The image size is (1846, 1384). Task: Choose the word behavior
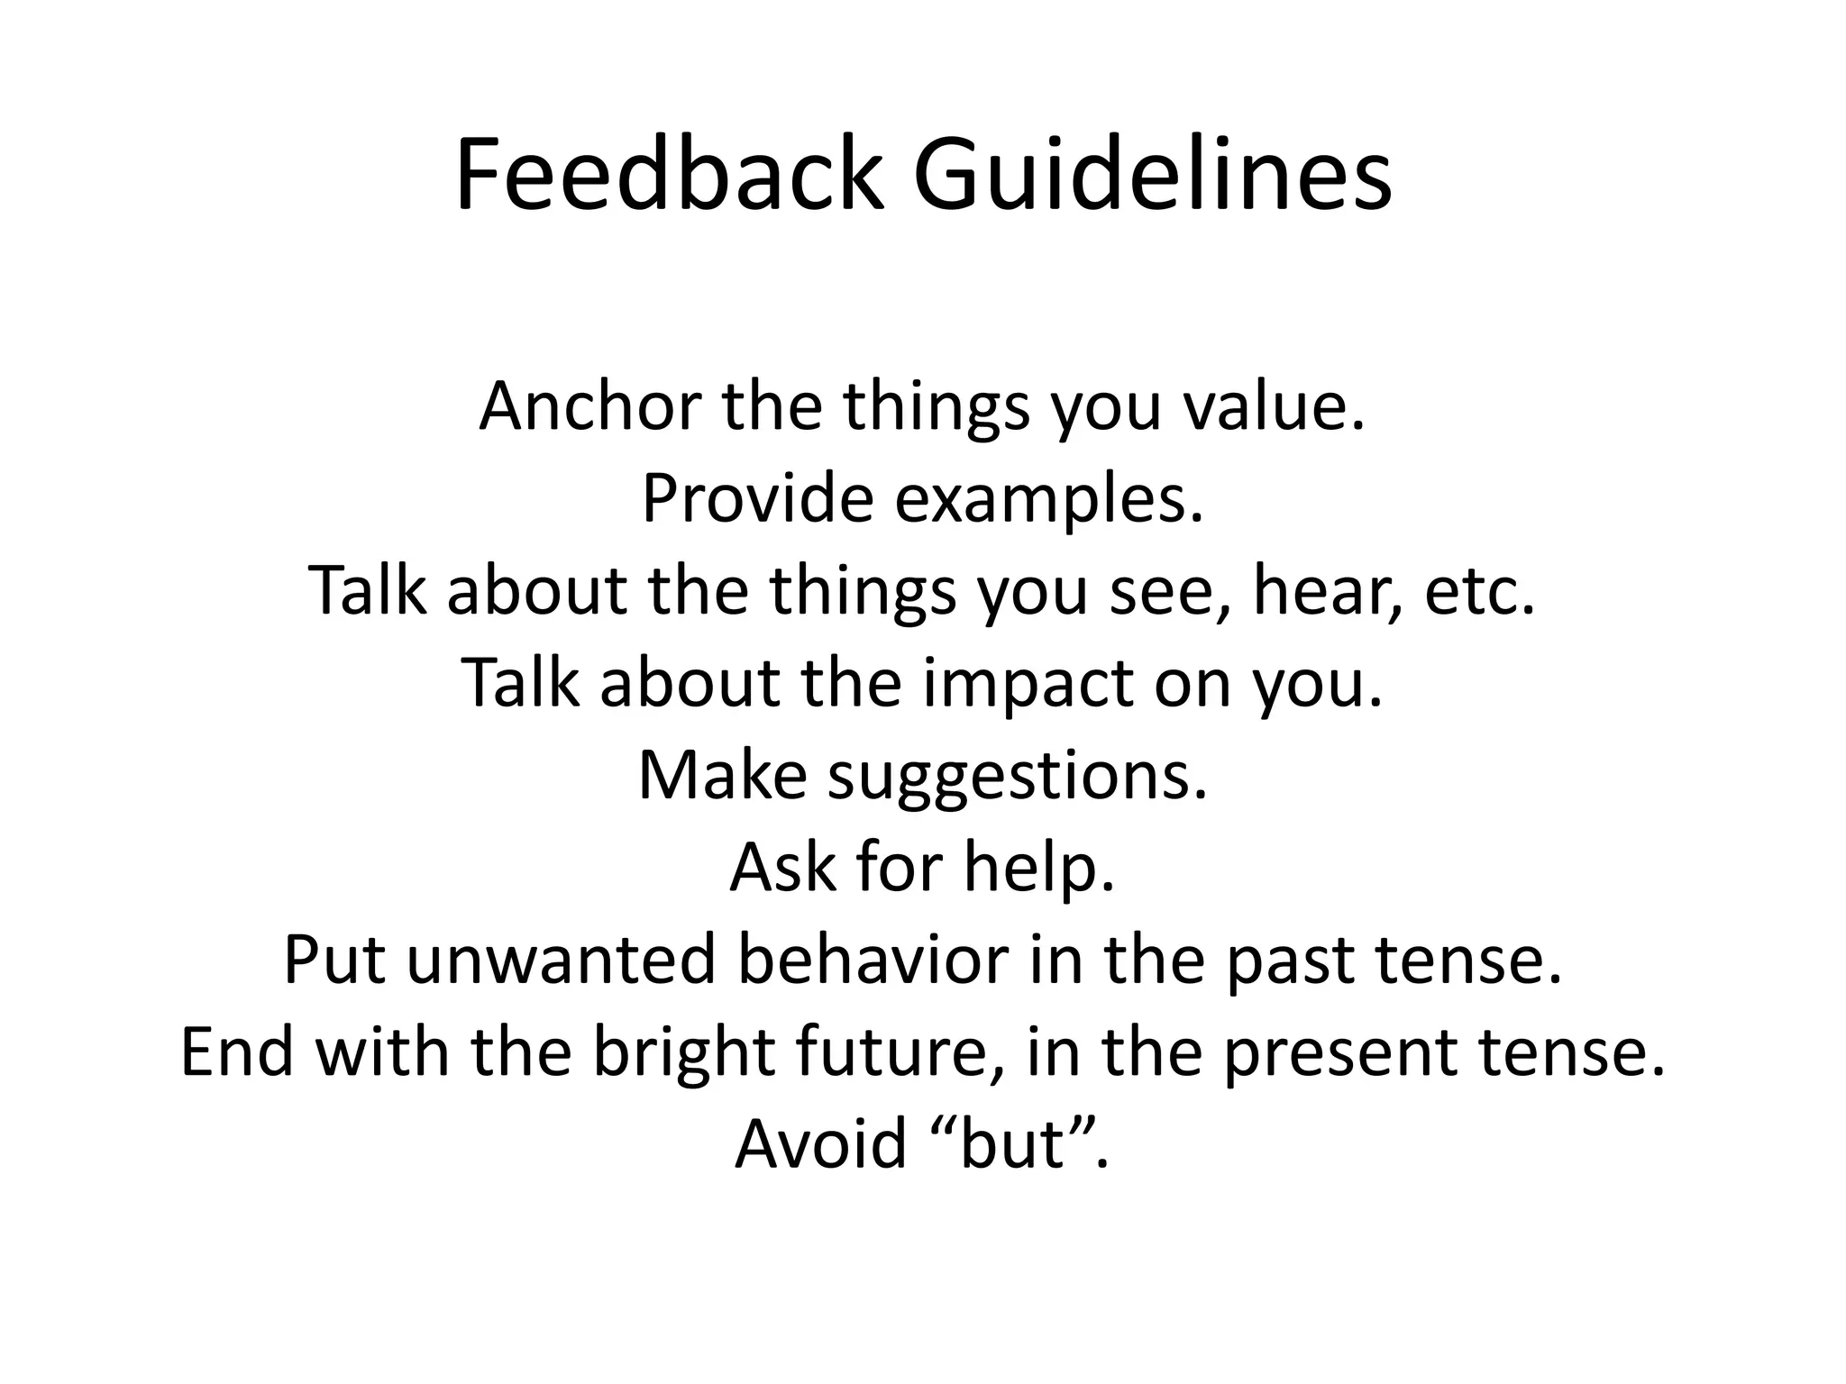click(x=872, y=960)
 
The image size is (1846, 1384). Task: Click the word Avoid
click(x=820, y=1144)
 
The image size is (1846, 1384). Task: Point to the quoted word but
click(x=1012, y=1144)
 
